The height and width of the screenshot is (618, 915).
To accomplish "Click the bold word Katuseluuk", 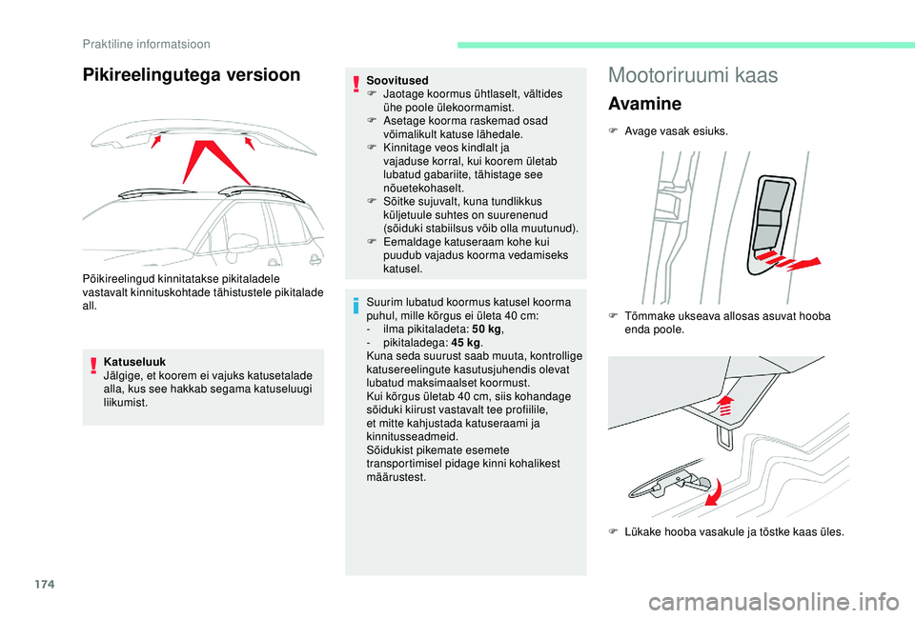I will point(134,362).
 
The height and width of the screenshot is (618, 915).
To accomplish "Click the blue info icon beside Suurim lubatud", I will point(355,305).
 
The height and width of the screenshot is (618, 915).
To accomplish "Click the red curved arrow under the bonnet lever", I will point(711,494).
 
